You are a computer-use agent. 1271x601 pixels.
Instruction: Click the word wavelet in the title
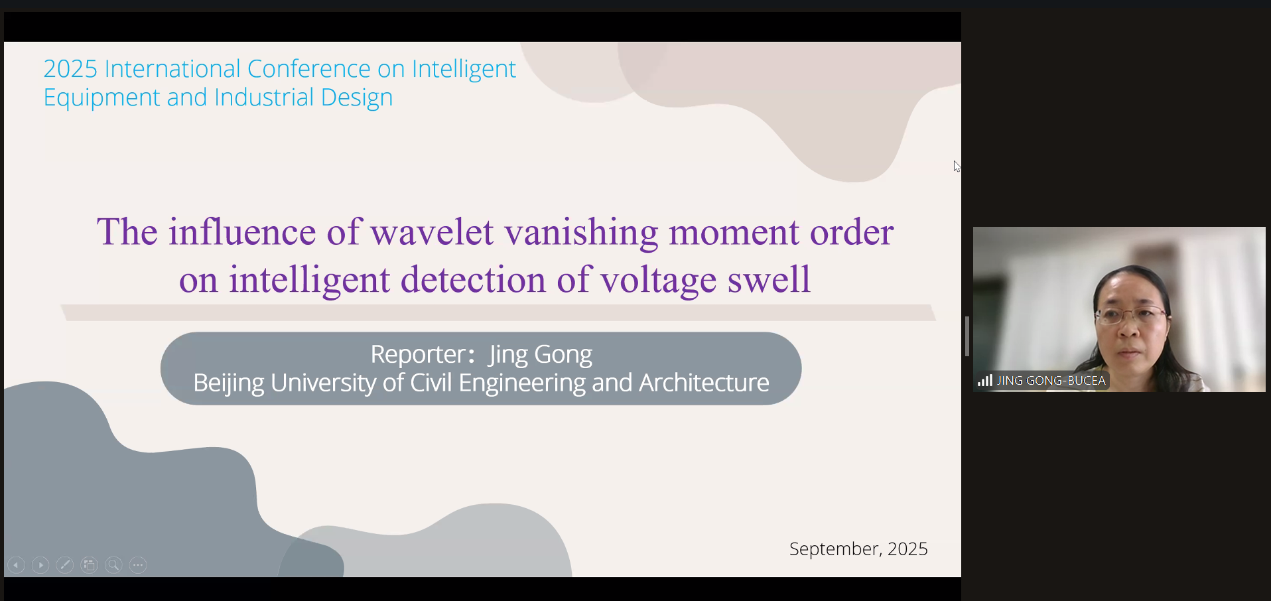tap(432, 232)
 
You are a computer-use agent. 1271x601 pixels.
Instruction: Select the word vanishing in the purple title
tap(581, 234)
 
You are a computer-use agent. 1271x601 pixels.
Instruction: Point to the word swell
tap(769, 279)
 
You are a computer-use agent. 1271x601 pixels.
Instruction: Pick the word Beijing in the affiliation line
tap(229, 383)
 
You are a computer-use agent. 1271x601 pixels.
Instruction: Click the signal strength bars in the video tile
tap(985, 380)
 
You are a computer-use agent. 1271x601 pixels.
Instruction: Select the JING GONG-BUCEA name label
tap(1051, 381)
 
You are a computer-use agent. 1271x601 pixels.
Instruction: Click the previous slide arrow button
tap(17, 565)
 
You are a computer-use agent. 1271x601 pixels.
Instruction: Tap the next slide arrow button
tap(40, 565)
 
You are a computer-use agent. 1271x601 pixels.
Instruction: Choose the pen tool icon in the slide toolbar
tap(65, 565)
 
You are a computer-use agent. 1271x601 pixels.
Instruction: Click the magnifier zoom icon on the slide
tap(113, 565)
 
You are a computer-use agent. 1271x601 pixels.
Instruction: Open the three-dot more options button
tap(138, 565)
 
